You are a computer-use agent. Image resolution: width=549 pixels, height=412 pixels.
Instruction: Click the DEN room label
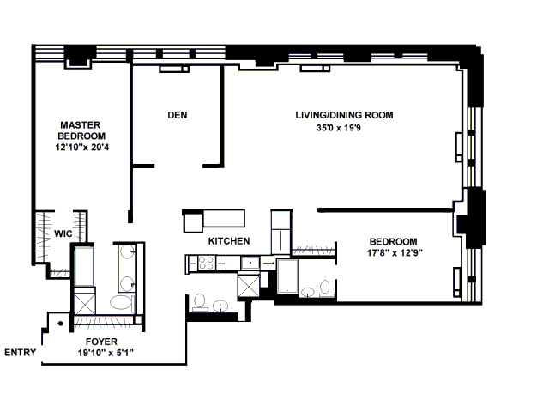pyautogui.click(x=178, y=115)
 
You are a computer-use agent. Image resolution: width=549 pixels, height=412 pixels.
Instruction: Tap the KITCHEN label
pyautogui.click(x=229, y=241)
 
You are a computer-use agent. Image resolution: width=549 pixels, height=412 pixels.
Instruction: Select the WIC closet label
pyautogui.click(x=63, y=233)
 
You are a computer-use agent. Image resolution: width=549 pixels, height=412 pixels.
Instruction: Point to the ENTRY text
pyautogui.click(x=21, y=353)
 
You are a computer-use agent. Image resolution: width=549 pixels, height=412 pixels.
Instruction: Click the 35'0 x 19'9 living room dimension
pyautogui.click(x=339, y=128)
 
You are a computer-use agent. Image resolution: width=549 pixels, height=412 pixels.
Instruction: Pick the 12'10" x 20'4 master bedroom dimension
pyautogui.click(x=82, y=147)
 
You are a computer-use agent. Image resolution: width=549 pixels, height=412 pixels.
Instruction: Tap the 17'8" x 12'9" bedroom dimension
pyautogui.click(x=395, y=252)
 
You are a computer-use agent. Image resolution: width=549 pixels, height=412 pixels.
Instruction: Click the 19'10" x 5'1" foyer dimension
pyautogui.click(x=106, y=353)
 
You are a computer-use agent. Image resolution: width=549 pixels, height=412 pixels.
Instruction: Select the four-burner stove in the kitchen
pyautogui.click(x=206, y=263)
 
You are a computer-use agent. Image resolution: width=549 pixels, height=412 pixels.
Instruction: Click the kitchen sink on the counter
pyautogui.click(x=250, y=263)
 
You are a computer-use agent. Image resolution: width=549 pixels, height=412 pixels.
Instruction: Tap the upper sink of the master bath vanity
pyautogui.click(x=127, y=251)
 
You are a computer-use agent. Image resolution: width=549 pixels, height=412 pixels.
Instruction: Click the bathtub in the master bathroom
pyautogui.click(x=84, y=266)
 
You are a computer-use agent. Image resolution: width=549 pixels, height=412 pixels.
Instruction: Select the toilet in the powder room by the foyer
pyautogui.click(x=200, y=302)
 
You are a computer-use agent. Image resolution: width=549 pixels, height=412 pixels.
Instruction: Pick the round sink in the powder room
pyautogui.click(x=221, y=306)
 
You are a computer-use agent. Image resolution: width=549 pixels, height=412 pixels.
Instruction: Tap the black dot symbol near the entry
pyautogui.click(x=61, y=324)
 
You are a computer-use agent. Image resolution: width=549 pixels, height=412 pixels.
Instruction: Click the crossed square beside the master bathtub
pyautogui.click(x=85, y=304)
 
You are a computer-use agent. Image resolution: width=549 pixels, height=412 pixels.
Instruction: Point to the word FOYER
pyautogui.click(x=101, y=342)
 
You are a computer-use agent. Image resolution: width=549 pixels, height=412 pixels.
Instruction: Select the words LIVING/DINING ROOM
pyautogui.click(x=344, y=115)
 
